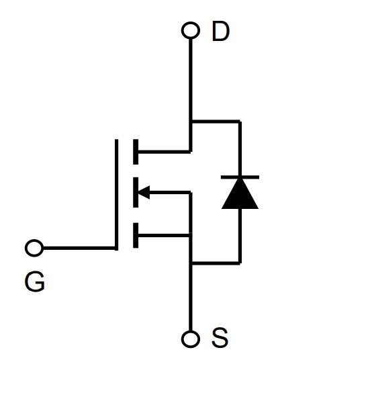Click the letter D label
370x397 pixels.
click(x=221, y=31)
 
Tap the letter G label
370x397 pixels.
click(x=35, y=281)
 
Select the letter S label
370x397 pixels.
click(x=220, y=338)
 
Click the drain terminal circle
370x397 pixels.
click(x=191, y=30)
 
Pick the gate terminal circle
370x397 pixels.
click(x=34, y=248)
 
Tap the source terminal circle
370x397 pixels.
click(x=191, y=339)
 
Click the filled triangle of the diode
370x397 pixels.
click(x=240, y=193)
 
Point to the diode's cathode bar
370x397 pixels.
click(x=240, y=177)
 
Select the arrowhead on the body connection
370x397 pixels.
click(x=144, y=192)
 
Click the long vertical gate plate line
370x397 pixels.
click(x=116, y=195)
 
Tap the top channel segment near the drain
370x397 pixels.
click(x=136, y=152)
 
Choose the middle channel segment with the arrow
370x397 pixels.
click(x=136, y=192)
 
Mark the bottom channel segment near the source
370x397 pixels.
click(x=136, y=235)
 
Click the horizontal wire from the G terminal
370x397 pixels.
click(x=79, y=248)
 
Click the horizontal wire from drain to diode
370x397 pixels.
click(x=216, y=122)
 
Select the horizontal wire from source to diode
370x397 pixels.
click(x=216, y=263)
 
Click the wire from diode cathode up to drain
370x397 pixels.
click(x=240, y=148)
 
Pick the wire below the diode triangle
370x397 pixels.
click(x=240, y=236)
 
